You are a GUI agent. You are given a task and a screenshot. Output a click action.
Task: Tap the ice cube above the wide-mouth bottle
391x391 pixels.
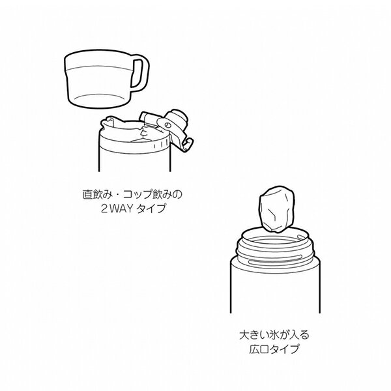(x=276, y=209)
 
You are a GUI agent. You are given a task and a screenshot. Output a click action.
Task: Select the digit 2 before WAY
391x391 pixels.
(x=104, y=209)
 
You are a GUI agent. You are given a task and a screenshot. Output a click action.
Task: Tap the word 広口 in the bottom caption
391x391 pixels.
(x=259, y=349)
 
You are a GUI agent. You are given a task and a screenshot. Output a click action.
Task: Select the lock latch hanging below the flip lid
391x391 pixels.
(x=188, y=145)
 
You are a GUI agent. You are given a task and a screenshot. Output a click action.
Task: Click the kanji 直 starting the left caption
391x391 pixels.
(x=88, y=194)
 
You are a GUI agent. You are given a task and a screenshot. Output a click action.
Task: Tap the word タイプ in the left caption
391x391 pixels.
(x=151, y=209)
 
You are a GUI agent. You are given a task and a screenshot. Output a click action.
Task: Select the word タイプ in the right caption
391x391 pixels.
(x=284, y=349)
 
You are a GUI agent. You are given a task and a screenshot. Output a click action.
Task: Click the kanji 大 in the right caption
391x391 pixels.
(x=244, y=335)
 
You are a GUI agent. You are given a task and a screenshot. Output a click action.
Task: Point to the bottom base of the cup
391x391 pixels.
(x=100, y=101)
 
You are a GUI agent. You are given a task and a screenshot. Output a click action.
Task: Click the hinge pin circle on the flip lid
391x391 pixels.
(x=167, y=125)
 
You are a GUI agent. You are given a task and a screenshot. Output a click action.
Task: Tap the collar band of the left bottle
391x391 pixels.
(x=135, y=147)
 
